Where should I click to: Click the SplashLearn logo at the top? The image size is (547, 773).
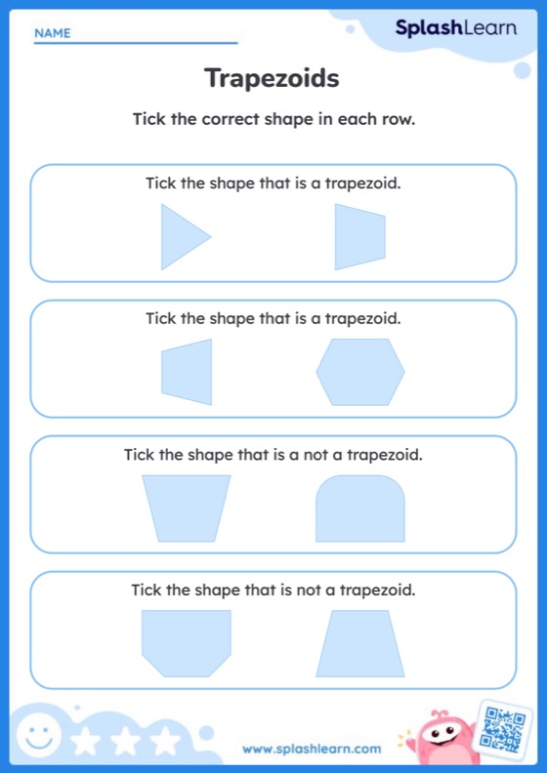[x=455, y=29]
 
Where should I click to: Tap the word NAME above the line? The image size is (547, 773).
[x=53, y=33]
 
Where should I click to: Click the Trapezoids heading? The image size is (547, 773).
[x=273, y=78]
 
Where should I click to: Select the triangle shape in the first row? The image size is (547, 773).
[x=181, y=236]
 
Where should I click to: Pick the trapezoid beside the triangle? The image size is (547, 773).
[x=359, y=236]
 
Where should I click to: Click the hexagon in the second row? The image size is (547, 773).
[x=359, y=372]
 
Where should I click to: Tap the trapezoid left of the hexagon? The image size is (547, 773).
[x=187, y=372]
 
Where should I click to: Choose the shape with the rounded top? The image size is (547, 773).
[x=359, y=509]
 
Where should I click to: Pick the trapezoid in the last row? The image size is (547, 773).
[x=359, y=643]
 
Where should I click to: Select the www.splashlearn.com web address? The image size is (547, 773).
[x=312, y=749]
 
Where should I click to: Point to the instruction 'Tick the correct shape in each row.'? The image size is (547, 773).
[x=273, y=120]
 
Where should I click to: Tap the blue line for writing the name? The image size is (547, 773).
[x=136, y=43]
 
